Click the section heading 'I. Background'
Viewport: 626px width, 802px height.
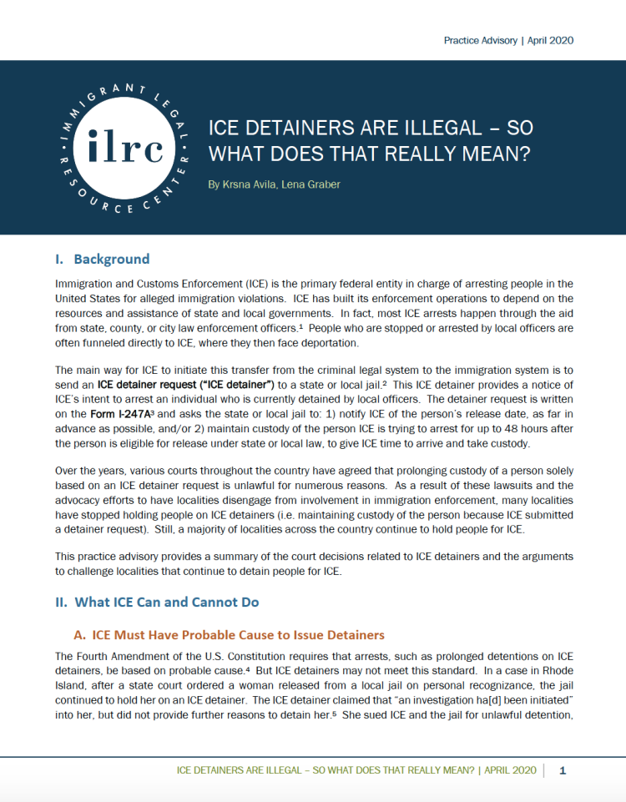[103, 259]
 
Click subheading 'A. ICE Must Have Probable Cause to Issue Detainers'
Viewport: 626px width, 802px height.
[230, 634]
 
